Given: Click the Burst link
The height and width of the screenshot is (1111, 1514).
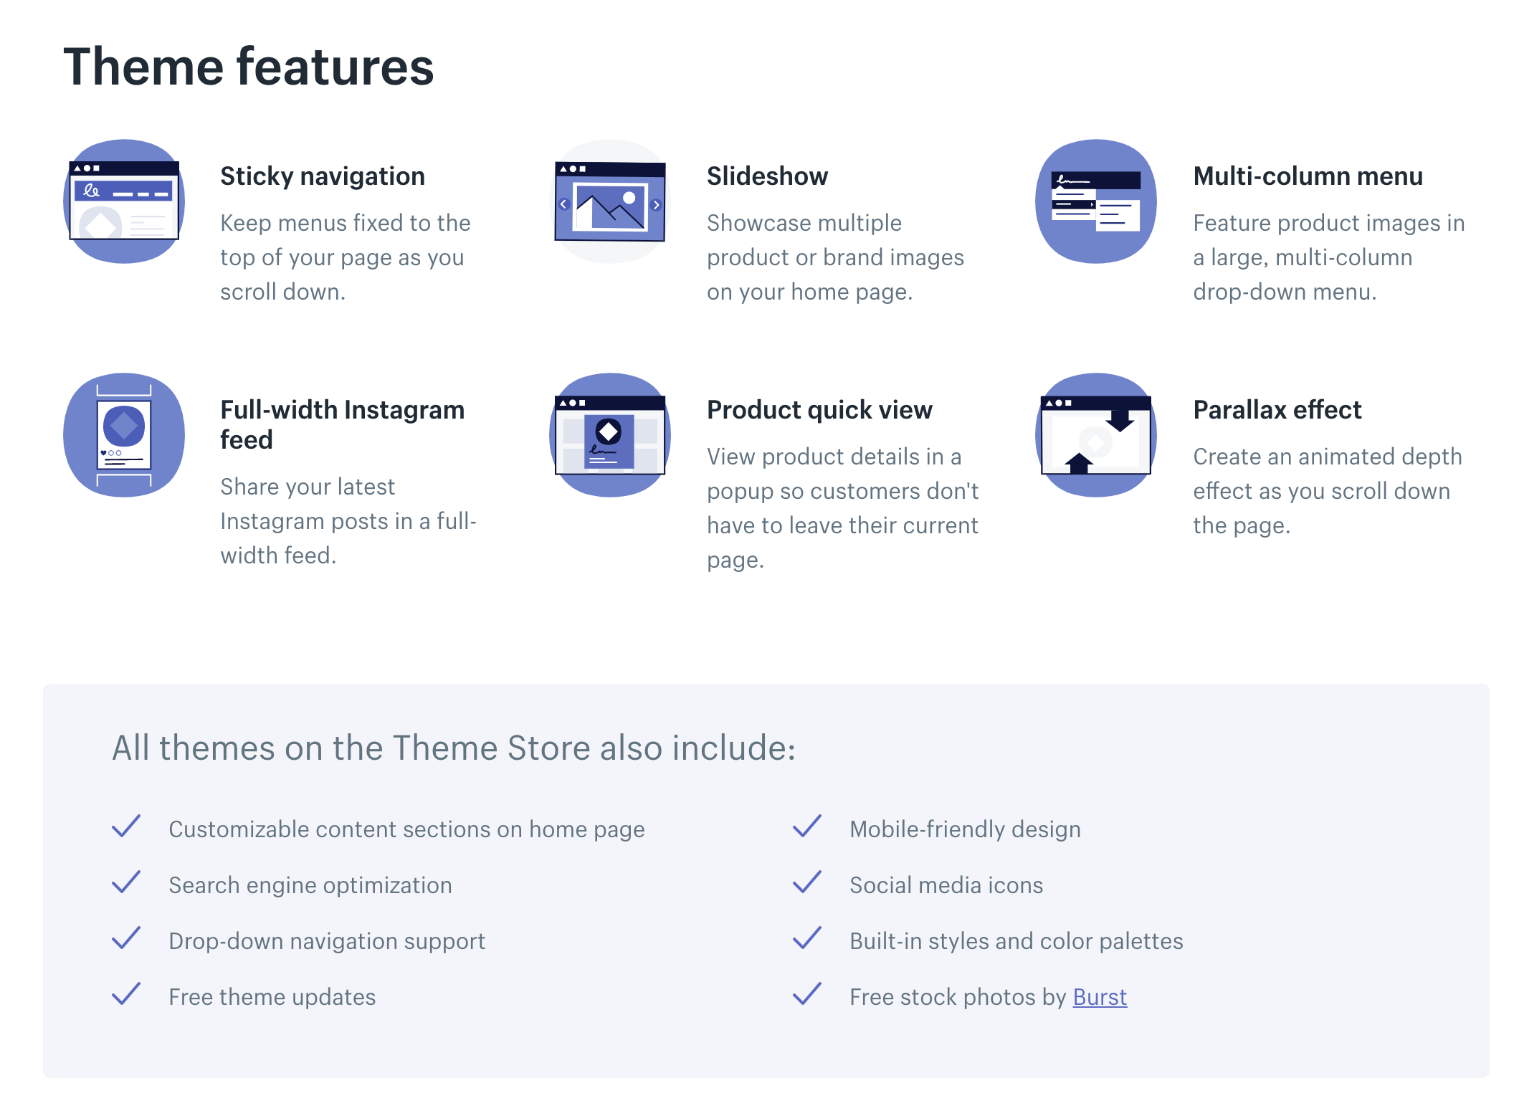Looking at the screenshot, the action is tap(1100, 997).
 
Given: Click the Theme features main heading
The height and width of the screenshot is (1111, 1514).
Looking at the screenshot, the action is tap(249, 67).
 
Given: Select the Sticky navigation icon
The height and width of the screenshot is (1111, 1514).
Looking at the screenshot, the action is tap(124, 201).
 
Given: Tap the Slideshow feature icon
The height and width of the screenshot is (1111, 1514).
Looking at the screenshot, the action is tap(610, 201).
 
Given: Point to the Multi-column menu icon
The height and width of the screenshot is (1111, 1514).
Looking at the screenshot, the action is tap(1096, 201).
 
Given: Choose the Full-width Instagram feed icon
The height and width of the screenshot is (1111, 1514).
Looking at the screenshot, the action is tap(124, 435).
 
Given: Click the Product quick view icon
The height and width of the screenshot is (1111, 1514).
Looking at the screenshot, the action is tap(610, 435).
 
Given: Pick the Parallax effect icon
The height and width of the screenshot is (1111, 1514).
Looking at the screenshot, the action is tap(1096, 435).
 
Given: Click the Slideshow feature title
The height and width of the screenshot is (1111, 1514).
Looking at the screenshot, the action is tap(767, 176).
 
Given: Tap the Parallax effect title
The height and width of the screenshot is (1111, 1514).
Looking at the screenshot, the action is tap(1277, 410).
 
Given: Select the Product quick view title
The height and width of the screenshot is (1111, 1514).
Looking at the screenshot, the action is tap(819, 410).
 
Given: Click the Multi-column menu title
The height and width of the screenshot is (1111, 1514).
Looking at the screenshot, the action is tap(1308, 176).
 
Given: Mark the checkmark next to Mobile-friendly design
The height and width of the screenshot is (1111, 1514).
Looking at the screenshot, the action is tap(807, 826).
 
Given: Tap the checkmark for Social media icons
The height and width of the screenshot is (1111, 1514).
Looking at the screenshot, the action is tap(807, 882).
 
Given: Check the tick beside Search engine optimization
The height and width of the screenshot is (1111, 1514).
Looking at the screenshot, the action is tap(126, 882).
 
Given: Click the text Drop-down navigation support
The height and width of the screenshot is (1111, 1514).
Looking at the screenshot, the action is tap(327, 941).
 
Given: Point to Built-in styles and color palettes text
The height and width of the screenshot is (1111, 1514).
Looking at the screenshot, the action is tap(1017, 941).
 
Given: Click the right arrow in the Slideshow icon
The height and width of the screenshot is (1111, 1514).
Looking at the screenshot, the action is tap(656, 205).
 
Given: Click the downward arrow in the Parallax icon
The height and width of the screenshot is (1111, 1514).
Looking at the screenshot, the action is tap(1120, 420).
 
